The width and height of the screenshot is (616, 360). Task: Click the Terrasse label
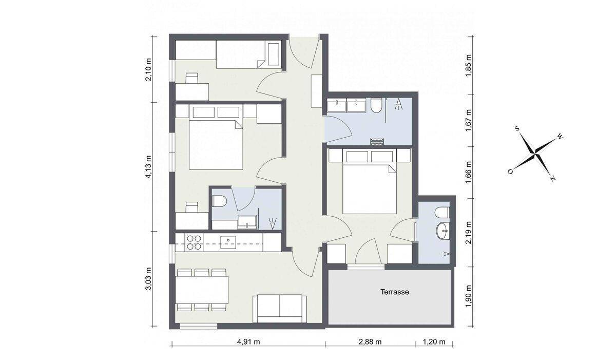(x=395, y=292)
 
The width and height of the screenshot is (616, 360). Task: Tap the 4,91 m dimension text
(x=248, y=342)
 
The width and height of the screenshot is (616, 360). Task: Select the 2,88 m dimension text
(x=370, y=342)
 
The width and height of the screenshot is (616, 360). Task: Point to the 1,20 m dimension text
(x=434, y=342)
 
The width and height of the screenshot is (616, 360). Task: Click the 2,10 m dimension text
(x=148, y=69)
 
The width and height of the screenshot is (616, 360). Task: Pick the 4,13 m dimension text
(x=148, y=167)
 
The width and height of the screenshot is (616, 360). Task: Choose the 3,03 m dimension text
(x=148, y=278)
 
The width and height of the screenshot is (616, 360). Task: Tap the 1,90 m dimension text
(x=469, y=297)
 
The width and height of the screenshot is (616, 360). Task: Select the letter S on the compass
(x=517, y=128)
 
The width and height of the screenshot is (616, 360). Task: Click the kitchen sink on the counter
(x=228, y=242)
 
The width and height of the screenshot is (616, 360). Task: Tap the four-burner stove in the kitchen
(x=194, y=242)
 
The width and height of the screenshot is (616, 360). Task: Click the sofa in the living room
(x=280, y=309)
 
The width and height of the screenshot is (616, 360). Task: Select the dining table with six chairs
(x=202, y=290)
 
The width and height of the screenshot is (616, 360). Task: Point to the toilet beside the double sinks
(x=376, y=106)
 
